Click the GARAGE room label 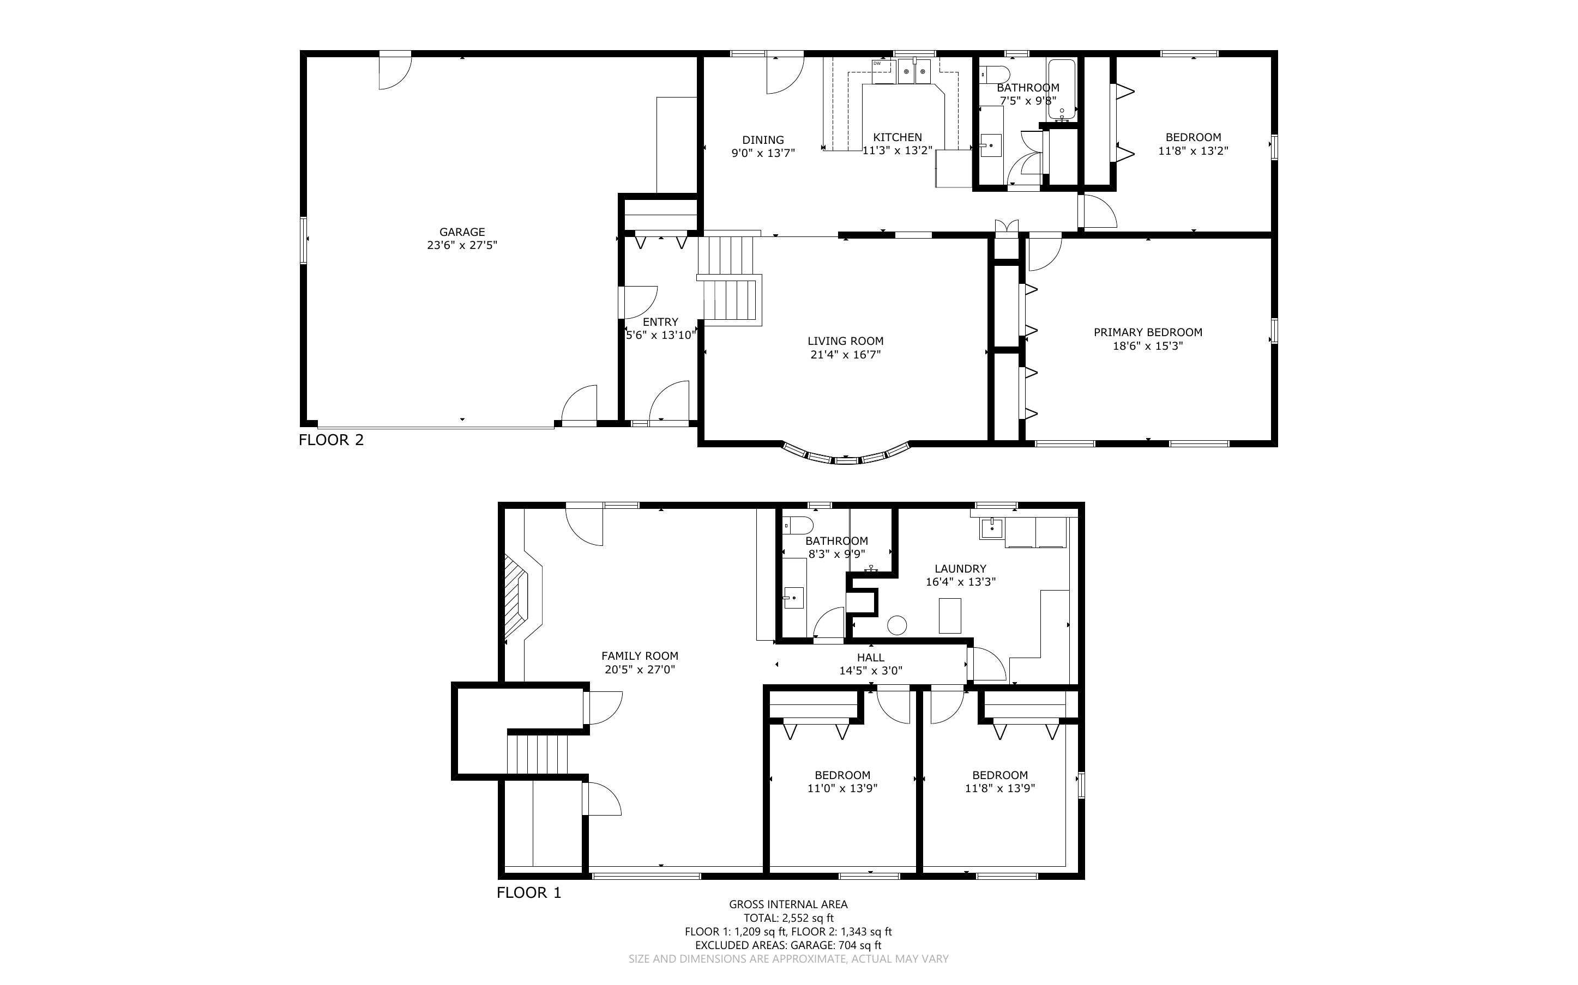pos(462,232)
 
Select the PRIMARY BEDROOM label pos(1148,332)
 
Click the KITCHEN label pos(898,137)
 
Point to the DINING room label pos(763,140)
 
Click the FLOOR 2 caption pos(331,440)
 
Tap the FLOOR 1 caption pos(528,893)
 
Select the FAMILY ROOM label pos(640,656)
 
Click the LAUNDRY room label pos(960,569)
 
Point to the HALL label pos(871,658)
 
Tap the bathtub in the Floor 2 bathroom pos(1062,89)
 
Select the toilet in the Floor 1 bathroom pos(797,525)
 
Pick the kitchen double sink pos(914,72)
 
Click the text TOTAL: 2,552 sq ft pos(788,919)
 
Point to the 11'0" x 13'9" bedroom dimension pos(842,789)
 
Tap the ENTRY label pos(660,323)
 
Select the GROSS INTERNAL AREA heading pos(788,904)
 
